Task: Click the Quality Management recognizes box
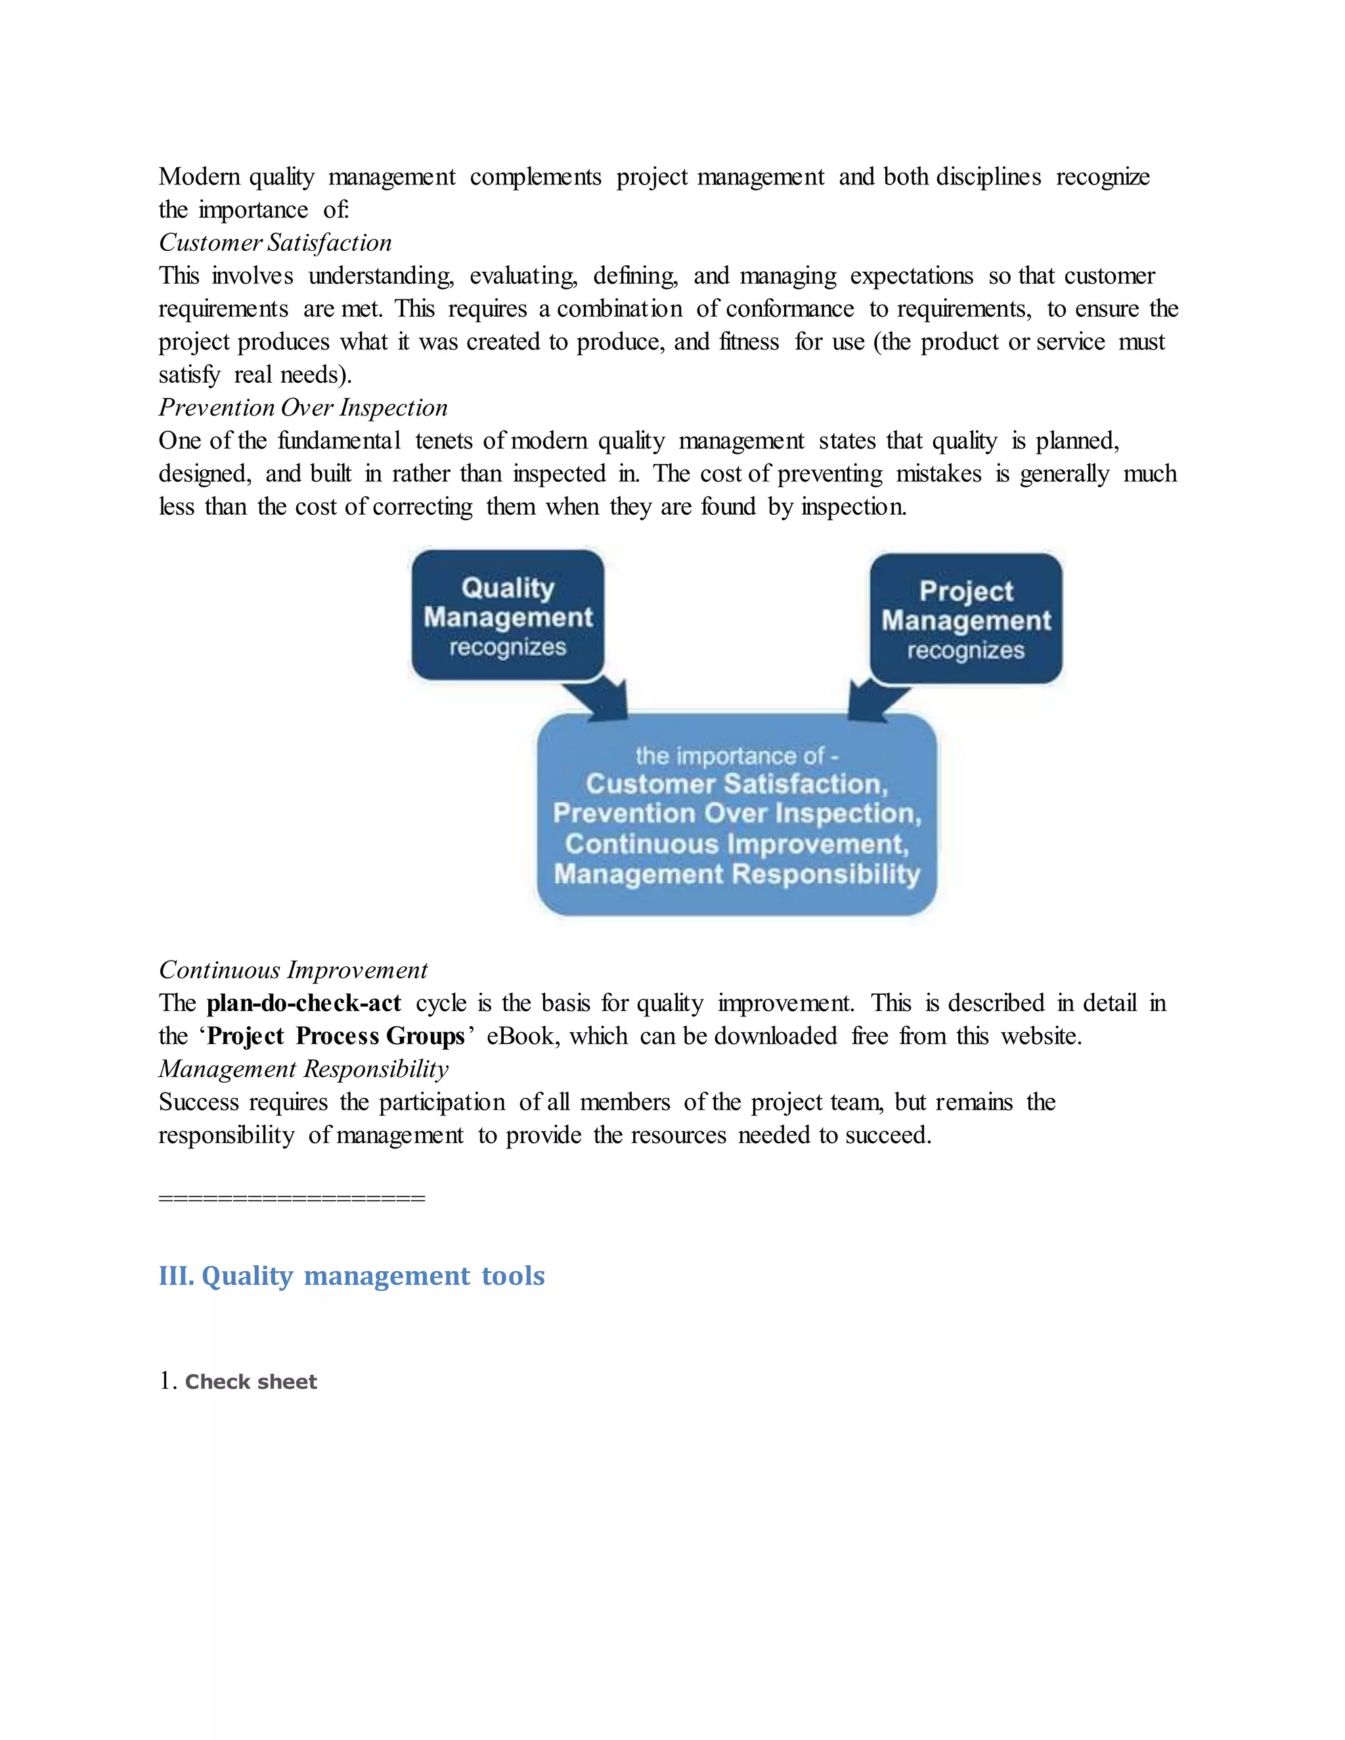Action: (x=508, y=616)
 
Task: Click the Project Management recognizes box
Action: (x=965, y=619)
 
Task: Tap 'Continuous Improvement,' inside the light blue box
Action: (x=736, y=844)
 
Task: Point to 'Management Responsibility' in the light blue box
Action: (x=736, y=874)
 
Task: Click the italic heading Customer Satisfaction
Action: (x=275, y=243)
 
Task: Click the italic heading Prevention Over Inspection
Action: (x=303, y=408)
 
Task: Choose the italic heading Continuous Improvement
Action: (x=292, y=970)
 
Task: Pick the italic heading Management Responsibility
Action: (x=303, y=1069)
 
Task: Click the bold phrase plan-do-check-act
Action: (x=303, y=1003)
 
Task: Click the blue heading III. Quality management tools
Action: (x=351, y=1276)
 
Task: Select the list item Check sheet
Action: (x=250, y=1382)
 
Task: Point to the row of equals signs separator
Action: (x=292, y=1198)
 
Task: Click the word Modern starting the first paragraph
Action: (x=199, y=177)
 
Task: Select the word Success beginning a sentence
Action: (x=198, y=1102)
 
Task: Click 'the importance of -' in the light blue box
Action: (x=736, y=756)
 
